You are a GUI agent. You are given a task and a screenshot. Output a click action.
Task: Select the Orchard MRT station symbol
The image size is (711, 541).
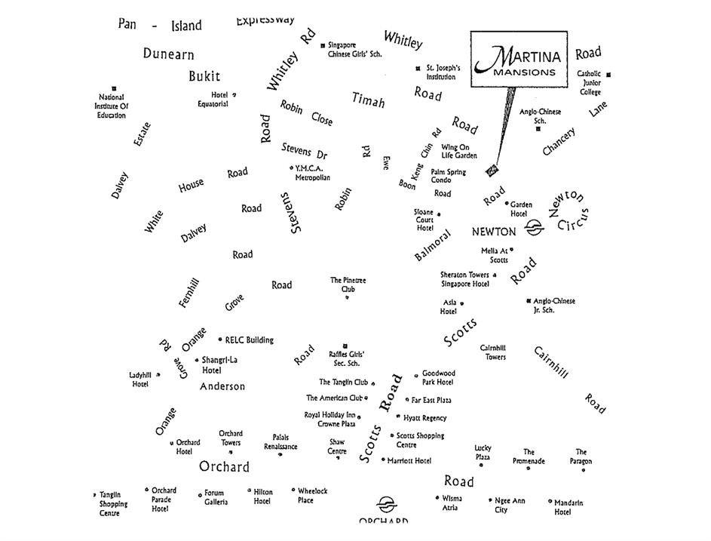point(385,504)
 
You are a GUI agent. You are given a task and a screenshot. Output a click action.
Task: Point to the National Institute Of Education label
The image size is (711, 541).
point(112,106)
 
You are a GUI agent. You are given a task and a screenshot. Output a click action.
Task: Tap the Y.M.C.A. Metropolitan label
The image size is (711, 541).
point(312,173)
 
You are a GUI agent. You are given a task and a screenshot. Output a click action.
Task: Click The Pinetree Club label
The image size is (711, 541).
point(348,284)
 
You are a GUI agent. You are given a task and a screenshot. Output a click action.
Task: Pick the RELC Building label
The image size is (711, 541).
point(249,340)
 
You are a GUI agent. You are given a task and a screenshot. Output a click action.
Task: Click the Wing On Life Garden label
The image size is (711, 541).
point(459,152)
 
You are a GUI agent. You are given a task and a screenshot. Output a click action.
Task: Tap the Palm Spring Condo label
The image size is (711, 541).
point(448,176)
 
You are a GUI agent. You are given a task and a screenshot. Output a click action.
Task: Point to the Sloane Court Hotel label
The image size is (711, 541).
point(425,220)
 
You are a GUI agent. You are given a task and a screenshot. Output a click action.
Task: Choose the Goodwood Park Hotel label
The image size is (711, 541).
point(438,377)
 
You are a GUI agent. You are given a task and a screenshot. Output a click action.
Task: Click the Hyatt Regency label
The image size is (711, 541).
point(425,418)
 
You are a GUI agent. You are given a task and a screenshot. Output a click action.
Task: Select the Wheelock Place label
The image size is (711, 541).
point(312,495)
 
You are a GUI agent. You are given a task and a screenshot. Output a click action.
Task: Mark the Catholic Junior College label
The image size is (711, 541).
point(590,83)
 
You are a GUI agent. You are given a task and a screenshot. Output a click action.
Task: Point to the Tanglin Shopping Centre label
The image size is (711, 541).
point(114,504)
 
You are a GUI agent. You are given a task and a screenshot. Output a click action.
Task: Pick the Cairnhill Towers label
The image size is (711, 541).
point(495,352)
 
